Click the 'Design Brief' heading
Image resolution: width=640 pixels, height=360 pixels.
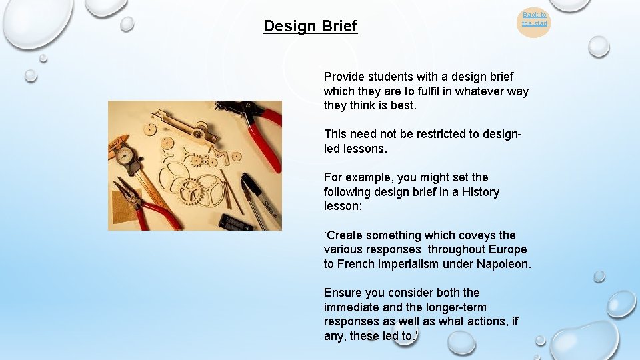click(310, 26)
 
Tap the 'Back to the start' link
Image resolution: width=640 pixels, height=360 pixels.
click(534, 19)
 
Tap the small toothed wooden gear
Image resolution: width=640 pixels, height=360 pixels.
click(196, 160)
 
